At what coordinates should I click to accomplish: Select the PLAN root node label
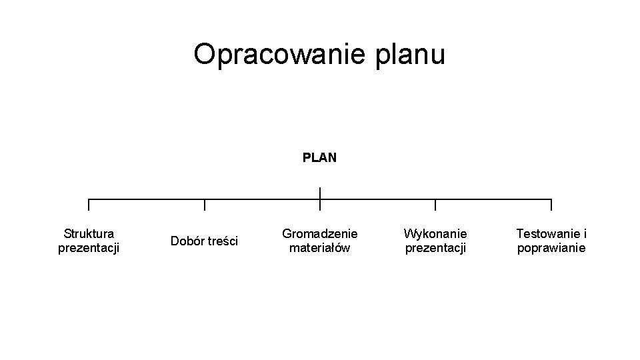(319, 158)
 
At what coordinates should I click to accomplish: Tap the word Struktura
(89, 233)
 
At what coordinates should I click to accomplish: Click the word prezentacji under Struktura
(89, 248)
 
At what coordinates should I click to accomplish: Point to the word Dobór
(187, 241)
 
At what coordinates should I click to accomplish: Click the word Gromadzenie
(320, 233)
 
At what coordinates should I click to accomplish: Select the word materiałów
(320, 248)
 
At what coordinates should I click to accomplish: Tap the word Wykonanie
(435, 233)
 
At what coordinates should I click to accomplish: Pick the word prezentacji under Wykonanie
(435, 248)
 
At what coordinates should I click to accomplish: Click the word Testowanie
(547, 233)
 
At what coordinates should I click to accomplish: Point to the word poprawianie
(551, 248)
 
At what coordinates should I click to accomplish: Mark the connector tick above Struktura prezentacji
(89, 205)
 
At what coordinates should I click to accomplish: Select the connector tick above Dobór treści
(205, 205)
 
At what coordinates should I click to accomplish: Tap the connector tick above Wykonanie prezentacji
(435, 205)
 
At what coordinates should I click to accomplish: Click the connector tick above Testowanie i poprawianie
(551, 205)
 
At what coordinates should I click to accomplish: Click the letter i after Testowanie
(585, 233)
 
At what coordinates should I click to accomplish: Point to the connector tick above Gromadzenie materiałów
(320, 205)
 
